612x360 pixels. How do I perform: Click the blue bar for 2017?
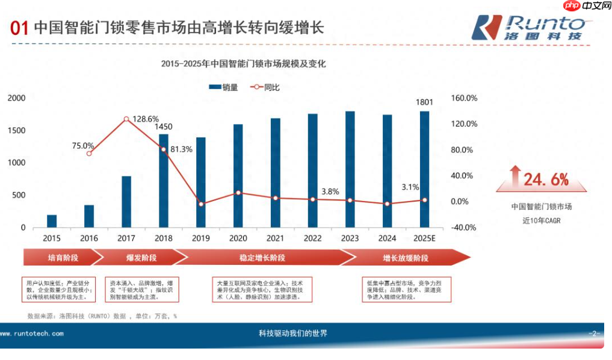[x=126, y=202]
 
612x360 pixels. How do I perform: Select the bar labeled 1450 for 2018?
[x=164, y=181]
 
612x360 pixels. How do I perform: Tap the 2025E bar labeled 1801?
[x=424, y=169]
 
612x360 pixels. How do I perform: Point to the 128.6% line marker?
[x=126, y=119]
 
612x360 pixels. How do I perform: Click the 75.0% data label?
[x=83, y=145]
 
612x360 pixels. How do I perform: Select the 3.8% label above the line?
[x=330, y=191]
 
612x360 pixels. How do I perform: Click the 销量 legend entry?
[x=223, y=87]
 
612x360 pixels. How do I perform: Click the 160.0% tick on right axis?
[x=463, y=98]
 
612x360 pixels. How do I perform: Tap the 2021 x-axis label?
[x=275, y=238]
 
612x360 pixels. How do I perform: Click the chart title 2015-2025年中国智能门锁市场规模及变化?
[x=243, y=64]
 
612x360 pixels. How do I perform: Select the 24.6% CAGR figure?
[x=545, y=179]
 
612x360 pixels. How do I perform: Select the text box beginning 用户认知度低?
[x=58, y=289]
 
